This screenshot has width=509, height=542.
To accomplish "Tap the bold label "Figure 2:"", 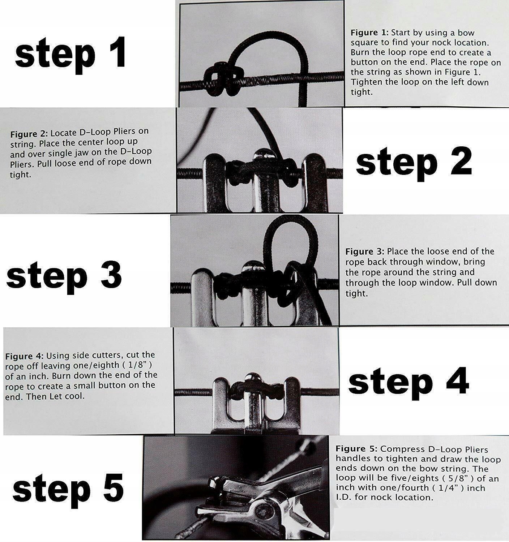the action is (x=29, y=134).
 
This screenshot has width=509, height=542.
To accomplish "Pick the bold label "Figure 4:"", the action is (x=24, y=357).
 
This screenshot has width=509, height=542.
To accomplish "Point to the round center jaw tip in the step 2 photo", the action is (x=262, y=155).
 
